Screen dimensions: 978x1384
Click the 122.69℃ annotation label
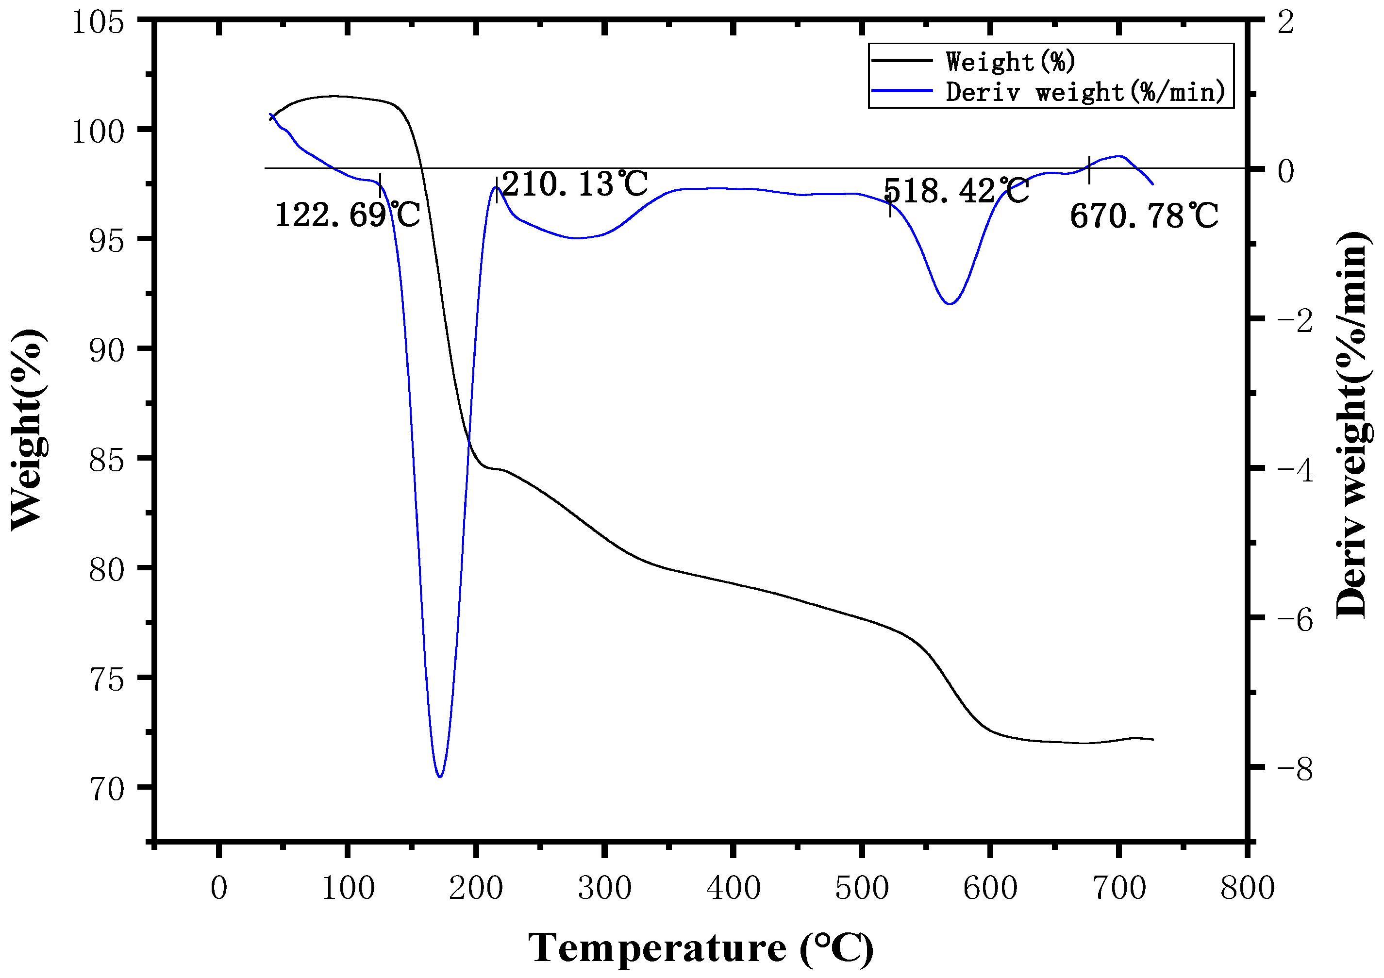347,215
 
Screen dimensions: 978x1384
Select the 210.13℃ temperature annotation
574,184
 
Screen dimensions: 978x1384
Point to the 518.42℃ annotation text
956,191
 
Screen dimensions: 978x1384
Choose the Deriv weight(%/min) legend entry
1085,92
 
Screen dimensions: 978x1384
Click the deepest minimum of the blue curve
440,776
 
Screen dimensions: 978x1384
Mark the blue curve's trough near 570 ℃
950,303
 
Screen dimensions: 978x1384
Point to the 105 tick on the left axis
98,22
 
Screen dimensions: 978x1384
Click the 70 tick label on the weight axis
106,788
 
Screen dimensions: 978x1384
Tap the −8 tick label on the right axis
1294,769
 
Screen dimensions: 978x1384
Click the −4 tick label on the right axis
1294,470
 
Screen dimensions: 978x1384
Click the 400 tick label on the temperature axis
733,888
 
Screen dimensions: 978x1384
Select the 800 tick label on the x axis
1247,888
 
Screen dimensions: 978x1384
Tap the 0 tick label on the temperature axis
219,888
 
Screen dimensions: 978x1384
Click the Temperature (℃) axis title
700,948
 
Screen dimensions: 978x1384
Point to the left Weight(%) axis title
27,429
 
